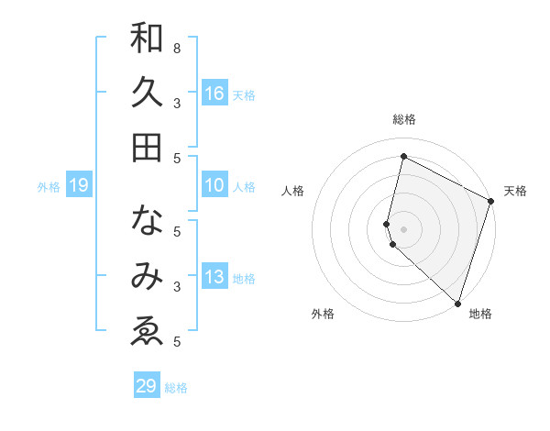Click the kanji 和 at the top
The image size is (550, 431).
point(147,39)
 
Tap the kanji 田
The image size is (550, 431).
point(147,147)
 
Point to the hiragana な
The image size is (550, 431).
point(147,221)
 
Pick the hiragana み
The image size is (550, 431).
point(147,275)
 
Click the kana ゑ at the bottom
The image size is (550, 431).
point(147,329)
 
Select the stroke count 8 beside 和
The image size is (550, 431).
point(177,48)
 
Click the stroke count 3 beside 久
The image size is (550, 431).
point(177,103)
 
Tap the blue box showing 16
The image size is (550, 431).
point(214,93)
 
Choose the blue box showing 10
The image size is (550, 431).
point(214,185)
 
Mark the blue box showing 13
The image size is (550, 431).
point(214,277)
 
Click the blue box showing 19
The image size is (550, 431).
point(79,185)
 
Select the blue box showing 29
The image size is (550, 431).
point(147,386)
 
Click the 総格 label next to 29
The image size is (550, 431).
point(176,388)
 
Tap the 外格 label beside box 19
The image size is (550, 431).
point(49,187)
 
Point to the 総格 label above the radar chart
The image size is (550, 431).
point(403,119)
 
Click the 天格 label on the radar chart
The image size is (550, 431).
point(515,191)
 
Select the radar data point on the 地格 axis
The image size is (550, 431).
point(457,303)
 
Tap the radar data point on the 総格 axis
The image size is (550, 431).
point(403,156)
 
